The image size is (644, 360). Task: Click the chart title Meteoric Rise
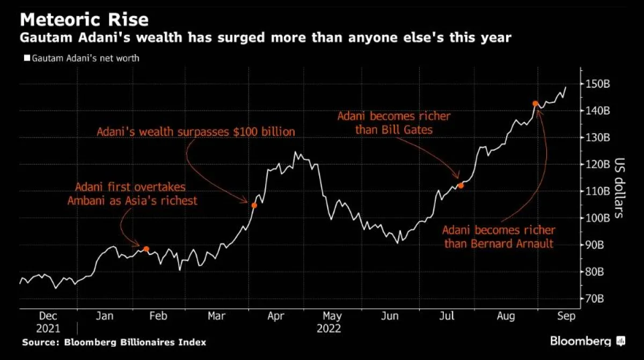84,20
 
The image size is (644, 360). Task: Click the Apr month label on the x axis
275,317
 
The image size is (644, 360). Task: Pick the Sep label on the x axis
566,317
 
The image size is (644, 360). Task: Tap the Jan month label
105,317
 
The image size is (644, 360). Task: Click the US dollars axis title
619,188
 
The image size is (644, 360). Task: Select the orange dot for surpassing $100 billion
254,205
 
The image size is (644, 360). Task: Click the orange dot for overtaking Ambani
146,249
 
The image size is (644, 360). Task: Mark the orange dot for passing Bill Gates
460,186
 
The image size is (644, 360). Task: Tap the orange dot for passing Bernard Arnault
535,104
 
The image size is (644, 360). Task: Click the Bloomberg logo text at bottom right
581,341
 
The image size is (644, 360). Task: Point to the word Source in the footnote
41,342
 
